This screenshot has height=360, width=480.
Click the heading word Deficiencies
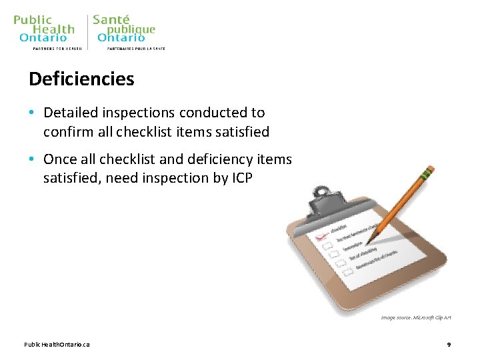(x=81, y=79)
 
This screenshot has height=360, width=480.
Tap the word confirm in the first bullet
(x=66, y=132)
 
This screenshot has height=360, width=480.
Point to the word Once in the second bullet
(x=60, y=159)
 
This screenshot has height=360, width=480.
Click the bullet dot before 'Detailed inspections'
(x=33, y=113)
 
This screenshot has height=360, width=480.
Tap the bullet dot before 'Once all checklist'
(x=33, y=159)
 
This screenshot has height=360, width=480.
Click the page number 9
(x=449, y=344)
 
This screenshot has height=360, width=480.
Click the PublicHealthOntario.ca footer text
(x=57, y=344)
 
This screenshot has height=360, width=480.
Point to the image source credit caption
(x=416, y=317)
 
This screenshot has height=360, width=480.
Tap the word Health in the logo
(x=53, y=29)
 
